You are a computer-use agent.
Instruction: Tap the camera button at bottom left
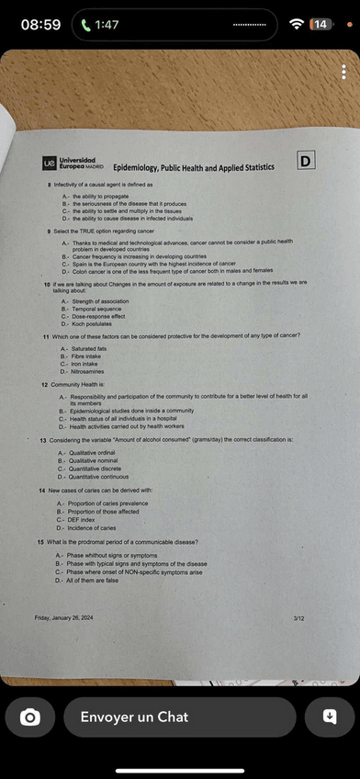[x=30, y=717]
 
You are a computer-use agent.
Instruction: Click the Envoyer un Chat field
[x=180, y=717]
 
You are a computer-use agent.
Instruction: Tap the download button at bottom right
[x=330, y=717]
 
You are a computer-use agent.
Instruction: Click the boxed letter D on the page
[x=306, y=162]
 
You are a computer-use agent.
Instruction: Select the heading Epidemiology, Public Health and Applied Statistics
[x=194, y=168]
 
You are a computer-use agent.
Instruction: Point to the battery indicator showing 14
[x=320, y=24]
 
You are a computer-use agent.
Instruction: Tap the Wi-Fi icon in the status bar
[x=296, y=24]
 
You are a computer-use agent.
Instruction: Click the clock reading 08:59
[x=40, y=25]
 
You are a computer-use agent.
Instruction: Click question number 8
[x=50, y=185]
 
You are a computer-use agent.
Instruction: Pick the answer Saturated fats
[x=88, y=348]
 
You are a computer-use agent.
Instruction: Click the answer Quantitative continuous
[x=98, y=477]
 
